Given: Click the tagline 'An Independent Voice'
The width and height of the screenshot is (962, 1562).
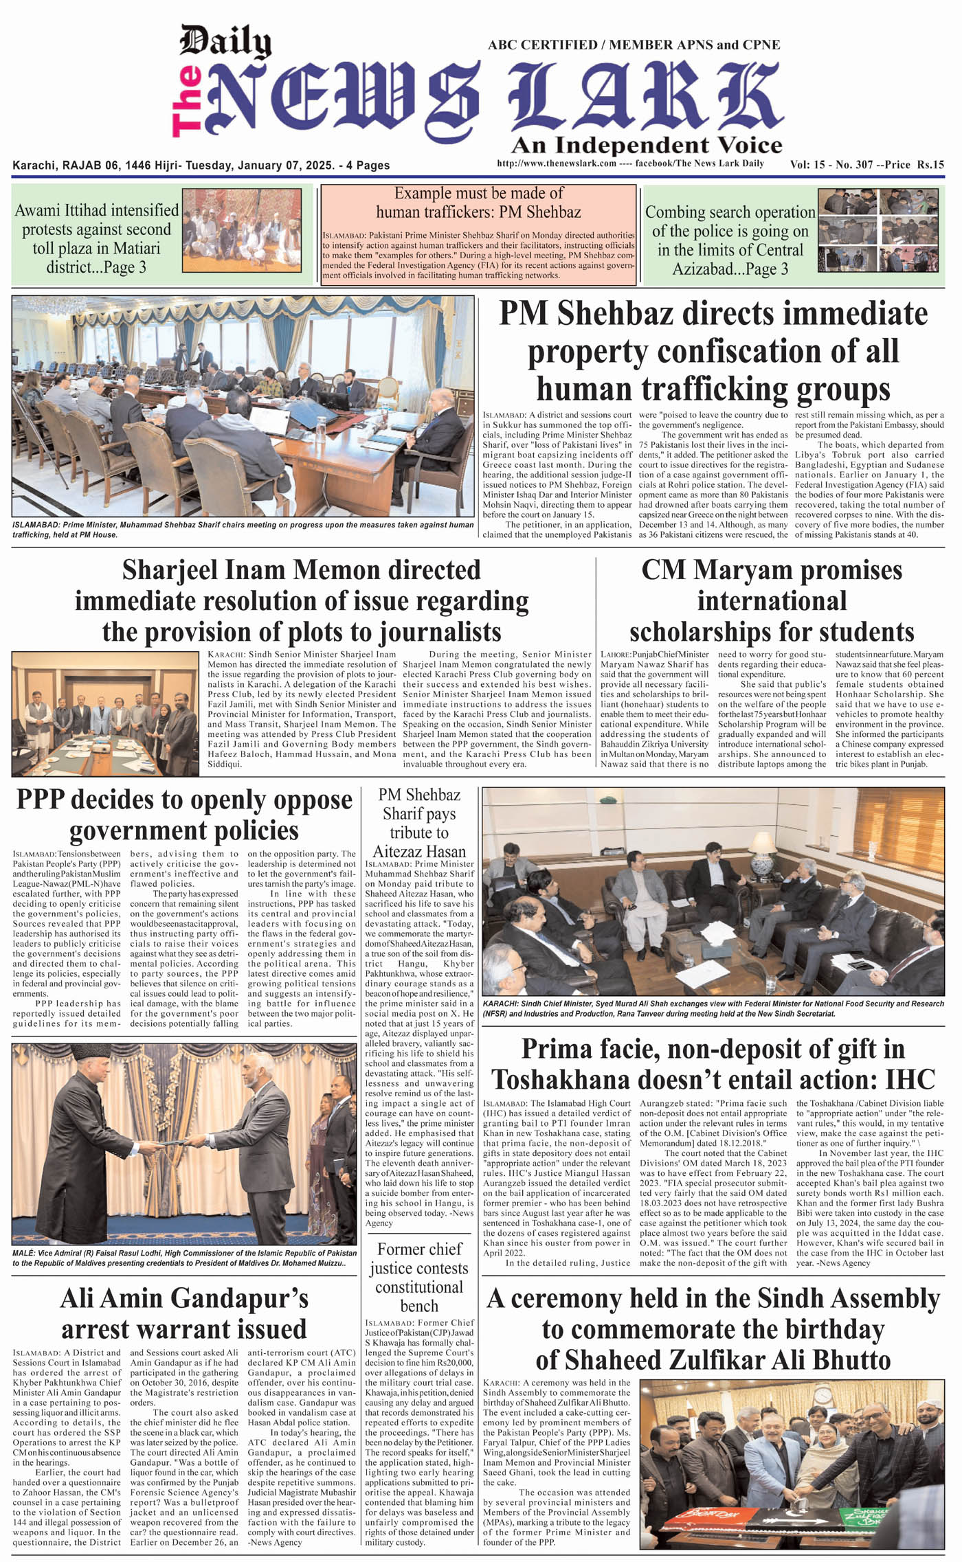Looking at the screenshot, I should click(x=647, y=145).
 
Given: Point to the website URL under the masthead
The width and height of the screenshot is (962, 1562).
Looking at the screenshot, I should click(x=556, y=163).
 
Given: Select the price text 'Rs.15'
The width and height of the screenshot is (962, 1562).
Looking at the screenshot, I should click(x=931, y=165).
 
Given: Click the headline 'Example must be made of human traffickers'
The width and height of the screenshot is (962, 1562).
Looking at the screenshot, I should click(x=478, y=203).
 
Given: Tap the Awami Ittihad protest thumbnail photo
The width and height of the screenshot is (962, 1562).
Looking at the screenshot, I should click(x=241, y=231).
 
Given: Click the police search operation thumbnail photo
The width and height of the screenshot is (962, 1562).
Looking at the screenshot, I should click(x=881, y=231).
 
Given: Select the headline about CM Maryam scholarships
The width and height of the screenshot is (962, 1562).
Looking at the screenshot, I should click(x=771, y=601).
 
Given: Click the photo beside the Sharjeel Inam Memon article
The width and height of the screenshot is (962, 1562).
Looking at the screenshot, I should click(x=105, y=714).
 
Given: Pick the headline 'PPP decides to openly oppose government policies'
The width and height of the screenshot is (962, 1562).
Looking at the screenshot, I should click(x=183, y=815).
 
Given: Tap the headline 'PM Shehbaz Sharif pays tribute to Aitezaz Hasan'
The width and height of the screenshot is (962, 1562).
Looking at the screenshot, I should click(x=419, y=823).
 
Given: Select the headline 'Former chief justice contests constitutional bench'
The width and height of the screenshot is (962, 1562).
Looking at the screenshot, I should click(x=419, y=1277).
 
